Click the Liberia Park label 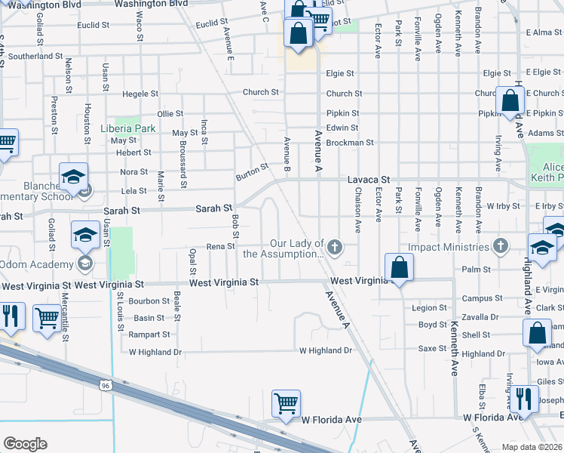pos(127,128)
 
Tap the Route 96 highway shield pos(104,385)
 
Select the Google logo pos(25,444)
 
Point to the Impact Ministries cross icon pos(499,246)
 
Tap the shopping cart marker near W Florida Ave pos(286,405)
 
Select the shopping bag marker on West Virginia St pos(398,268)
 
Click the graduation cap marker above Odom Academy pos(84,236)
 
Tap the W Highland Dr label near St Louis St pos(155,352)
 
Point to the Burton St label pos(252,170)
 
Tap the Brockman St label pos(354,142)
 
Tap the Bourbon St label pos(147,300)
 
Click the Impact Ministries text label pos(449,247)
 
